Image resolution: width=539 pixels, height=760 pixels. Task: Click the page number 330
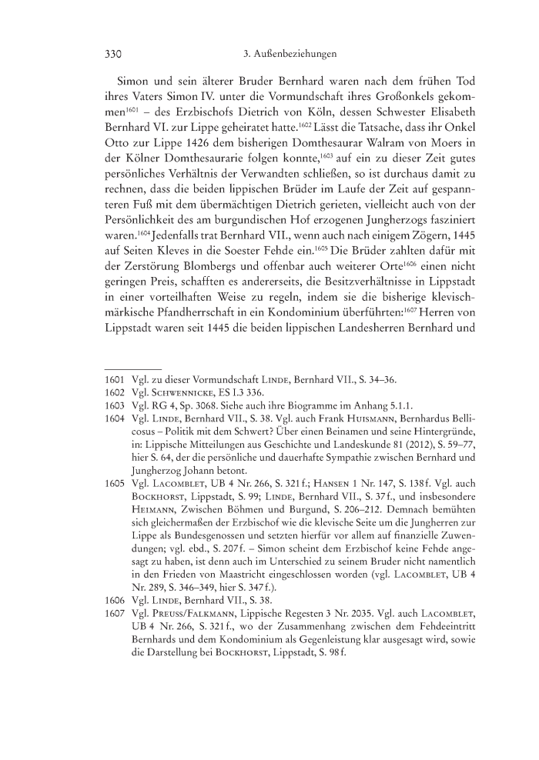[x=115, y=55]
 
